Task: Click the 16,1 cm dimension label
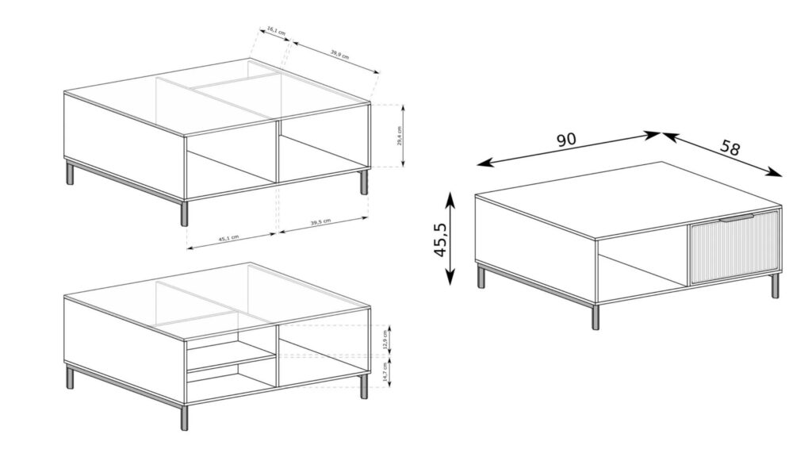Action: coord(276,33)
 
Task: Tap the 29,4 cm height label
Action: coord(400,136)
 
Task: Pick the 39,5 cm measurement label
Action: coord(320,223)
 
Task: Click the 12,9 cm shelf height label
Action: coord(386,339)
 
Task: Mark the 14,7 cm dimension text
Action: coord(386,373)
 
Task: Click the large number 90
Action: coord(565,140)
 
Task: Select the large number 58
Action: coord(730,148)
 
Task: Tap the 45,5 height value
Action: coord(440,238)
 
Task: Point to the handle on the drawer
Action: coord(738,215)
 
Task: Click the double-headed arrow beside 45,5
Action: coord(450,238)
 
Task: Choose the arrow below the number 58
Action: coord(722,155)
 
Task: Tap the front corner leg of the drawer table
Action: coord(596,317)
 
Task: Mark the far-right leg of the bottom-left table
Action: coord(364,386)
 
